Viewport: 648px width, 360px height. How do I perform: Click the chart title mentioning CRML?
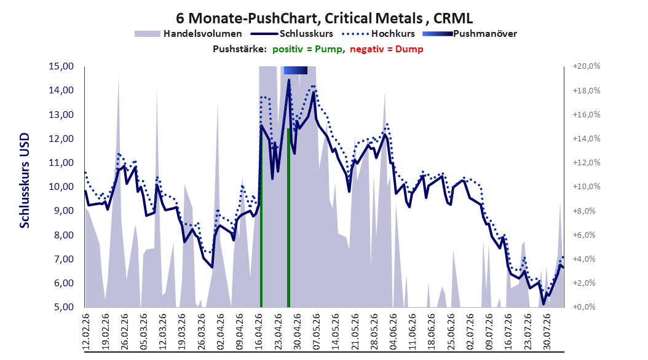click(325, 18)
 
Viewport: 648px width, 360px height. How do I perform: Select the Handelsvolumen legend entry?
click(189, 34)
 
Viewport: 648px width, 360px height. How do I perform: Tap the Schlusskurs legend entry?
click(292, 34)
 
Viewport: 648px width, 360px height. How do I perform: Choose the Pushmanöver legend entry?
click(470, 34)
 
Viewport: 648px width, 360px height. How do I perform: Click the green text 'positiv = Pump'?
click(307, 49)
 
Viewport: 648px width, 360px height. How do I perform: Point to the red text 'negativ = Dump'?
click(387, 49)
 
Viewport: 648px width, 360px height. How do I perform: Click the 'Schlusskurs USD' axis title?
click(25, 180)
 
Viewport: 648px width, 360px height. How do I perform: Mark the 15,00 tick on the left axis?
click(61, 66)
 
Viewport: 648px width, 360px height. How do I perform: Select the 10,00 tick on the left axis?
click(61, 187)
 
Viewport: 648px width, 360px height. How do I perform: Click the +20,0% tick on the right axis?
click(587, 66)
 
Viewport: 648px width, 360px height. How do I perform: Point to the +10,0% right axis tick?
click(587, 187)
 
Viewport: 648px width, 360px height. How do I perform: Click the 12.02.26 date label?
click(86, 332)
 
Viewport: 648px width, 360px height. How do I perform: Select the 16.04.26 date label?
click(259, 332)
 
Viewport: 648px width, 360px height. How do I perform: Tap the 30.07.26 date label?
click(547, 332)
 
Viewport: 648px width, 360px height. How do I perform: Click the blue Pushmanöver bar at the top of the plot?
click(296, 70)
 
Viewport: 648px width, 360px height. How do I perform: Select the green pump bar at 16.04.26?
click(261, 217)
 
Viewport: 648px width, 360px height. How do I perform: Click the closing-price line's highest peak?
click(289, 80)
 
